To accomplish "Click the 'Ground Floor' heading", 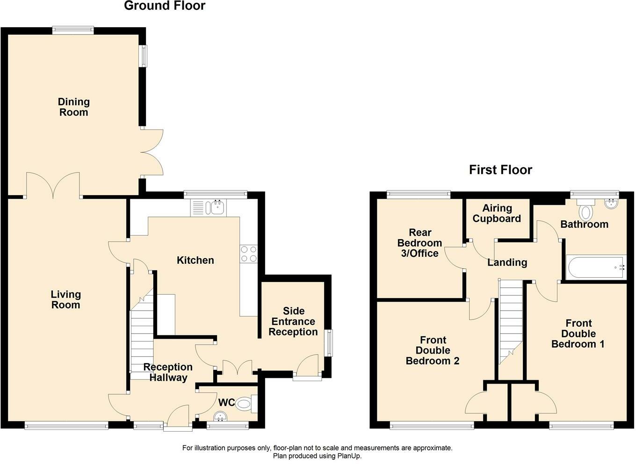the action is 165,6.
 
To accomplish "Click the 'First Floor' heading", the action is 500,170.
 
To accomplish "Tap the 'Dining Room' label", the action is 74,107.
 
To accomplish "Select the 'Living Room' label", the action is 66,299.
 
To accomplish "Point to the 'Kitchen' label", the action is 195,260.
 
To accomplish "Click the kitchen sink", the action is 209,208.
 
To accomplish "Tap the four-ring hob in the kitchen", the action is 249,254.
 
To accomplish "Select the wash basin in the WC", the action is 220,416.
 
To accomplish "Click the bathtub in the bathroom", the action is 596,267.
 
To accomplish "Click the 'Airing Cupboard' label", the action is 497,213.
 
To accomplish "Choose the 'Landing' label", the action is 507,262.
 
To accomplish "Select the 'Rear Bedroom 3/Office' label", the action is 419,243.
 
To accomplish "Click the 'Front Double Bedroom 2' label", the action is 433,350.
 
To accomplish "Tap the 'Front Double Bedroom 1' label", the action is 578,333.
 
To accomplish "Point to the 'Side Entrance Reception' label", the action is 293,321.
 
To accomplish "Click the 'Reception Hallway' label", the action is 168,372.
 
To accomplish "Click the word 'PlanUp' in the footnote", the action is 349,456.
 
